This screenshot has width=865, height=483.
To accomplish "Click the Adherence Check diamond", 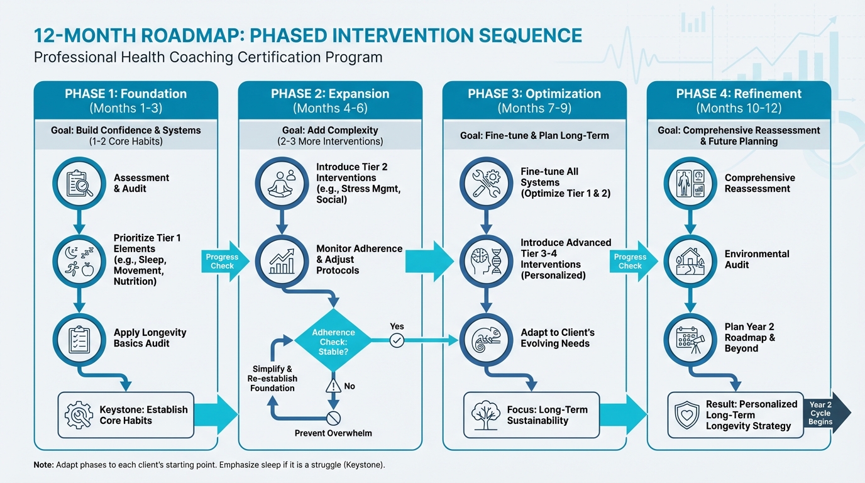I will click(x=334, y=341).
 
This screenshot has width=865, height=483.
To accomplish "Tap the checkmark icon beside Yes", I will click(x=397, y=341).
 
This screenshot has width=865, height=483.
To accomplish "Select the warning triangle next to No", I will click(x=334, y=386).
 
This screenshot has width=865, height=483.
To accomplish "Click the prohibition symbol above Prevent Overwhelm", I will click(x=334, y=418).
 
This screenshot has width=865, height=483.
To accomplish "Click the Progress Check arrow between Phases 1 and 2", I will click(x=223, y=261).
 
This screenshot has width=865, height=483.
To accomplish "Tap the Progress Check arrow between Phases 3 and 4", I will click(x=631, y=261).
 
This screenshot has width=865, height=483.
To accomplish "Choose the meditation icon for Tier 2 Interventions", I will click(x=282, y=183).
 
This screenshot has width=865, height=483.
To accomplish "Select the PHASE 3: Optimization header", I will click(x=534, y=94).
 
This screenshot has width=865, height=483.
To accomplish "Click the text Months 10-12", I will click(x=739, y=108).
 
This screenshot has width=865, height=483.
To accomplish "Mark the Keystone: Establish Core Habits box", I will click(x=126, y=415).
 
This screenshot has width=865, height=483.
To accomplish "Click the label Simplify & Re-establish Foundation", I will click(x=272, y=379).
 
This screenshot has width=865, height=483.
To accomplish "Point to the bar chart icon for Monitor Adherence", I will click(x=282, y=260).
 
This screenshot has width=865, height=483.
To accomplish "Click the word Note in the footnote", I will click(x=43, y=465).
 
